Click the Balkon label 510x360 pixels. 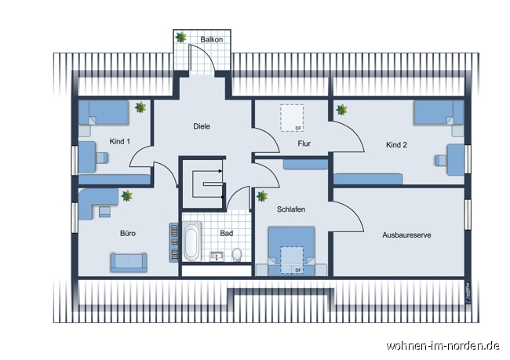pyautogui.click(x=211, y=38)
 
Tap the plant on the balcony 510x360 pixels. pyautogui.click(x=181, y=37)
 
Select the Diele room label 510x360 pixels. pyautogui.click(x=202, y=125)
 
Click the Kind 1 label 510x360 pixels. pyautogui.click(x=119, y=141)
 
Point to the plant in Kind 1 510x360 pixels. pyautogui.click(x=140, y=107)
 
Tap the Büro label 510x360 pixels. pyautogui.click(x=128, y=233)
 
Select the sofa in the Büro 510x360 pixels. pyautogui.click(x=128, y=261)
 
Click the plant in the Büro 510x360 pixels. pyautogui.click(x=126, y=195)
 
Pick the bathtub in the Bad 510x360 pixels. pyautogui.click(x=192, y=242)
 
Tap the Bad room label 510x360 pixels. pyautogui.click(x=226, y=233)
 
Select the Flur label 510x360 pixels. pyautogui.click(x=304, y=144)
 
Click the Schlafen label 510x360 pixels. pyautogui.click(x=290, y=209)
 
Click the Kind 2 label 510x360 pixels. pyautogui.click(x=396, y=144)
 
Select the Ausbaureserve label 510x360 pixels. pyautogui.click(x=406, y=235)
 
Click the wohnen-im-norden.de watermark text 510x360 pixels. pyautogui.click(x=442, y=345)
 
